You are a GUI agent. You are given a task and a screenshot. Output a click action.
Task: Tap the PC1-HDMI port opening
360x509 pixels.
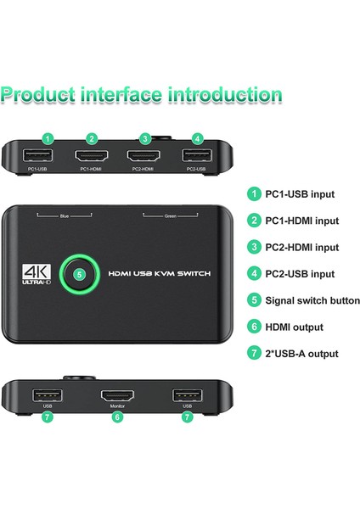92,156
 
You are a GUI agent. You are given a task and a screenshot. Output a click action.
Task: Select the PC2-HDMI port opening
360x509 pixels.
145,156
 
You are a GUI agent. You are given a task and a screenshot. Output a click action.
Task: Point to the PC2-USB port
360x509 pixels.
196,156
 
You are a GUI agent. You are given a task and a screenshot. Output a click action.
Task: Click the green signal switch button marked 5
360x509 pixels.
79,274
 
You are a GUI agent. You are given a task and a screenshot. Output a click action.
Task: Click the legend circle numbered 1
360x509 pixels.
253,193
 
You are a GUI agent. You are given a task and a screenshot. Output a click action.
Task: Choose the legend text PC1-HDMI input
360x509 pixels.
302,221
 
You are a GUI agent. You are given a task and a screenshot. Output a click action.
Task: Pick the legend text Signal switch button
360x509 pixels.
312,300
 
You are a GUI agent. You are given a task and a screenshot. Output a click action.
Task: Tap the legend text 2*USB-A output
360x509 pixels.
302,354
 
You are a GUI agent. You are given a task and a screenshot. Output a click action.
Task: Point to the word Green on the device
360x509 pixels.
170,216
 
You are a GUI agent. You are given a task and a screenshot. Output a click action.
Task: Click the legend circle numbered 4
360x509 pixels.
253,274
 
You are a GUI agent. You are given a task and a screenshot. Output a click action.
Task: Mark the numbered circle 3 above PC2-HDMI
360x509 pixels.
145,138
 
